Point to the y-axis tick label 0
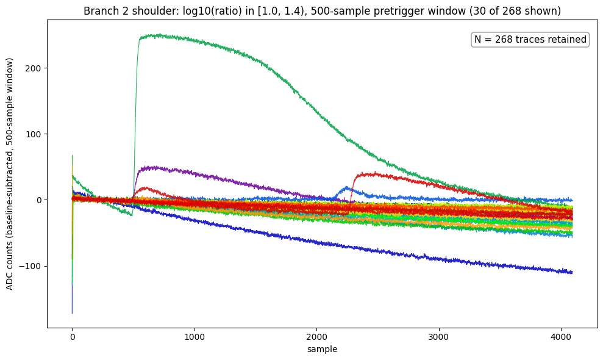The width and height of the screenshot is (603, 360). point(39,200)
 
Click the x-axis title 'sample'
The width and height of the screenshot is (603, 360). point(323,349)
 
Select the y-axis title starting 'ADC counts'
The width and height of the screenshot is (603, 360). point(9,174)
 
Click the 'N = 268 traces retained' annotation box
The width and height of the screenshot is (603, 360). point(530,39)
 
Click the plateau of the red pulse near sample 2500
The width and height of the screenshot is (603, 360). point(373,174)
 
